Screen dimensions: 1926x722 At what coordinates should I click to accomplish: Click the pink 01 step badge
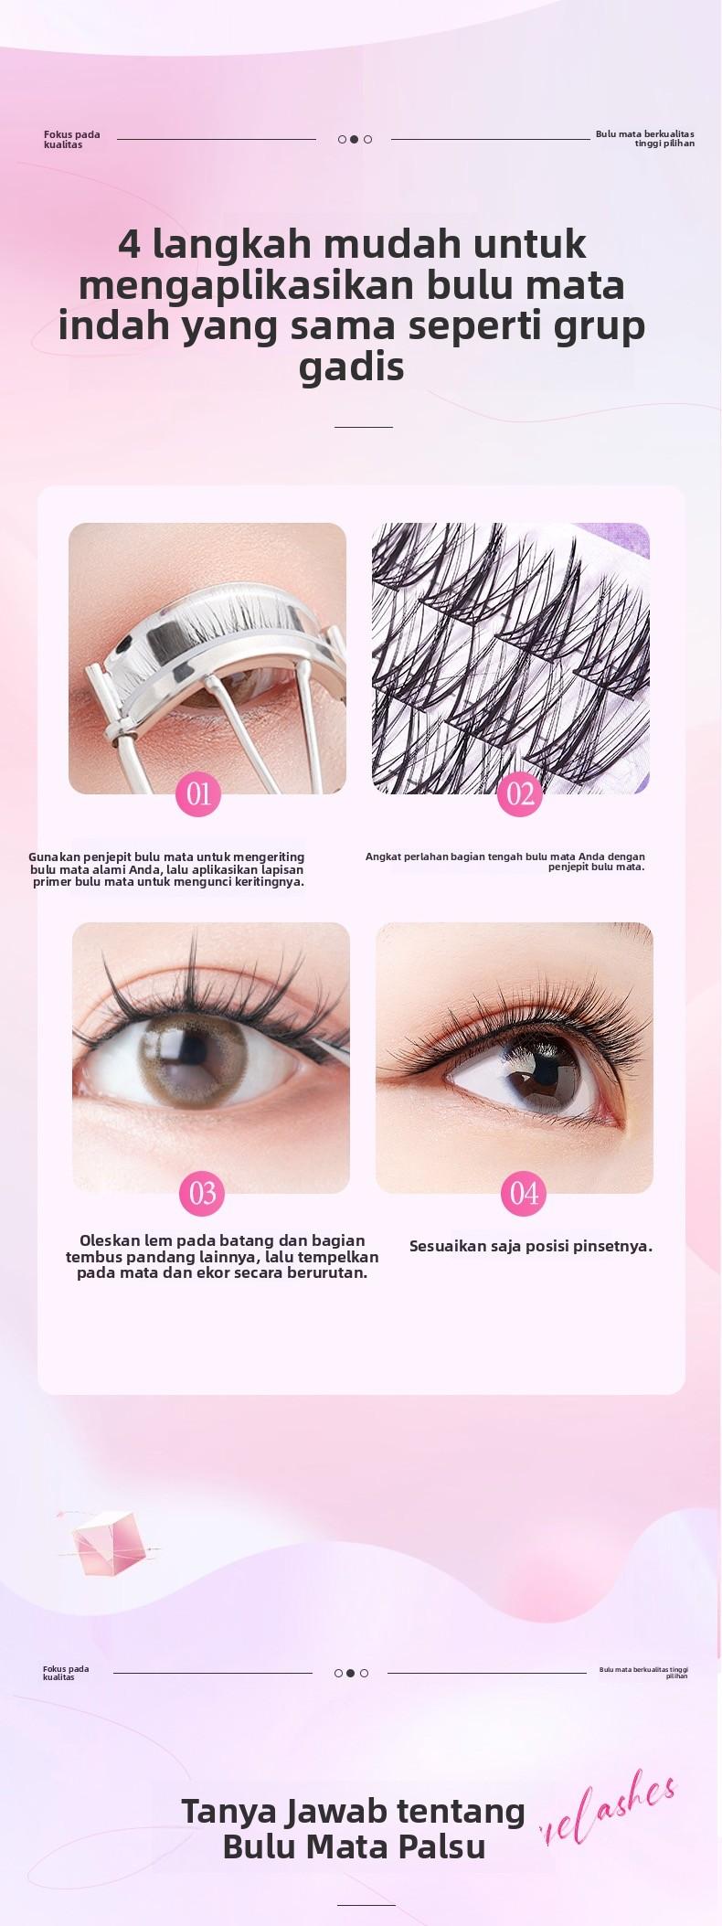(198, 793)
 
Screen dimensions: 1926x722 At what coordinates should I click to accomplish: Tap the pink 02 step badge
(520, 793)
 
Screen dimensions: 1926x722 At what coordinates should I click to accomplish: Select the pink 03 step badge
(202, 1193)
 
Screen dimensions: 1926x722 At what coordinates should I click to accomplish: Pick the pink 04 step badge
(524, 1193)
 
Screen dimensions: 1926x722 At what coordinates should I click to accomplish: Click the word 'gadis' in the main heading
(352, 367)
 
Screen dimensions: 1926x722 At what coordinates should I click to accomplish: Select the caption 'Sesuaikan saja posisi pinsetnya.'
(530, 1246)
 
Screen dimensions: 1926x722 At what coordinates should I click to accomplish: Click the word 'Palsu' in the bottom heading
(442, 1846)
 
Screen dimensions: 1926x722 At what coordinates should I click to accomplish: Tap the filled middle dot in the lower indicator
(351, 1673)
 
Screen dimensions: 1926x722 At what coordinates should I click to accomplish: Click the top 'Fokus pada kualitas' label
(71, 139)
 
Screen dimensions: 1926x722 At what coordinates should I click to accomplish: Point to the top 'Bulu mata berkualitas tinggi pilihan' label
(645, 138)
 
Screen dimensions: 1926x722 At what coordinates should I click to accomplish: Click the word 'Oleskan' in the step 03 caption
(110, 1240)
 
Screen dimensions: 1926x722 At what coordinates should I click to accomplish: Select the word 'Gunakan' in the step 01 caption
(54, 857)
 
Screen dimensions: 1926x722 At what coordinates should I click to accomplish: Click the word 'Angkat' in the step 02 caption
(384, 857)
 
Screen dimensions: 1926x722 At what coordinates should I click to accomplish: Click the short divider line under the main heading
(363, 427)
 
